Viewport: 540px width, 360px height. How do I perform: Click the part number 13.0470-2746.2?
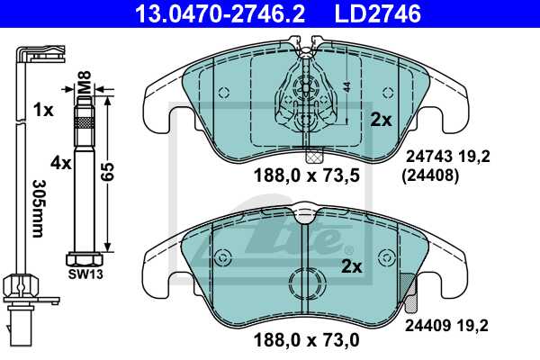[221, 13]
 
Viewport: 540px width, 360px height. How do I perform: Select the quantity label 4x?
[61, 163]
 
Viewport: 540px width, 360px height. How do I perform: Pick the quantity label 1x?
[42, 110]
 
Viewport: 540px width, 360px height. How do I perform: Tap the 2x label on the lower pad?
[352, 266]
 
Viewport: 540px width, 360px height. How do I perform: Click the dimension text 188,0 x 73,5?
[301, 175]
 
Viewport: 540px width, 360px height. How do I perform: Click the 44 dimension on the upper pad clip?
[346, 88]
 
